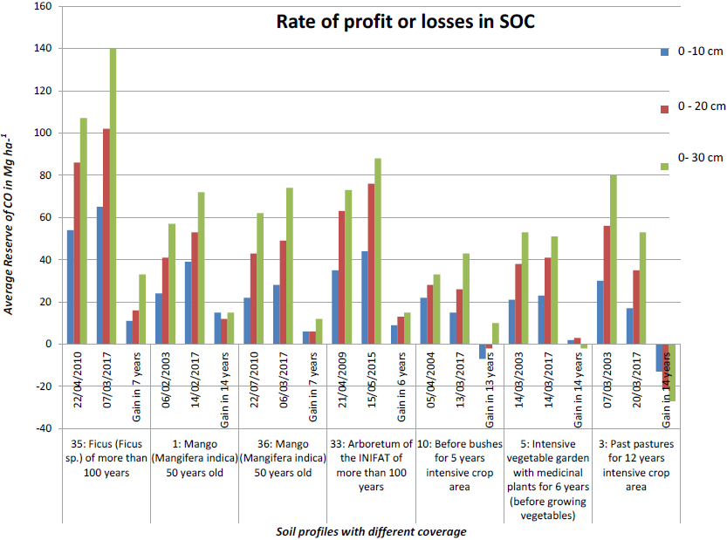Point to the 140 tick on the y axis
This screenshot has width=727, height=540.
coord(44,49)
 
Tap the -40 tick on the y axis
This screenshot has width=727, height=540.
coord(44,428)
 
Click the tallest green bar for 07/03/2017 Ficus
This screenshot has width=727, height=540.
coord(113,196)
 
